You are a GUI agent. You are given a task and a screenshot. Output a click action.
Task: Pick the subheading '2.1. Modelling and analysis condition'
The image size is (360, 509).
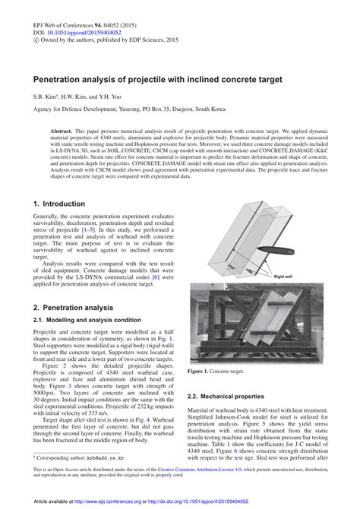tap(87, 320)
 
